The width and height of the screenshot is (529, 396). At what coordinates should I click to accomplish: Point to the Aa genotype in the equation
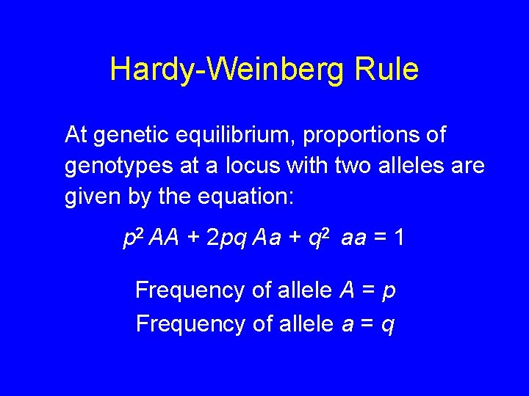coord(267,239)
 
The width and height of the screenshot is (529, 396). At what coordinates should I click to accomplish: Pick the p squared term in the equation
coord(133,238)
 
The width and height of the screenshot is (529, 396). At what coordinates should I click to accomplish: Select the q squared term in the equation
coord(320,238)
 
